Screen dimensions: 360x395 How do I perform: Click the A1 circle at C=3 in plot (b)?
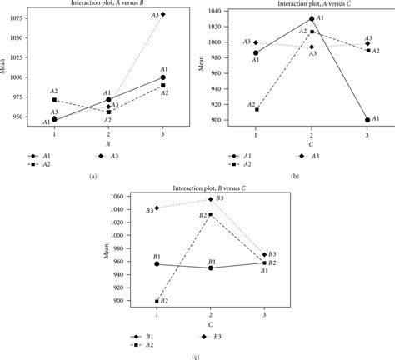pos(367,120)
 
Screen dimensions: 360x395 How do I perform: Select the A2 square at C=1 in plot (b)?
pos(256,109)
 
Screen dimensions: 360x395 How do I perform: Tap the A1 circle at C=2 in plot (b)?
pos(312,18)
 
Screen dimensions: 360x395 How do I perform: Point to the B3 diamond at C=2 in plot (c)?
pos(209,199)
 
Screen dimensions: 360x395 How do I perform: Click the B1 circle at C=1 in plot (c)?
pos(157,264)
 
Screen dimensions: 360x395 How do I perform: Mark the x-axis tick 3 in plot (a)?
pos(163,132)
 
